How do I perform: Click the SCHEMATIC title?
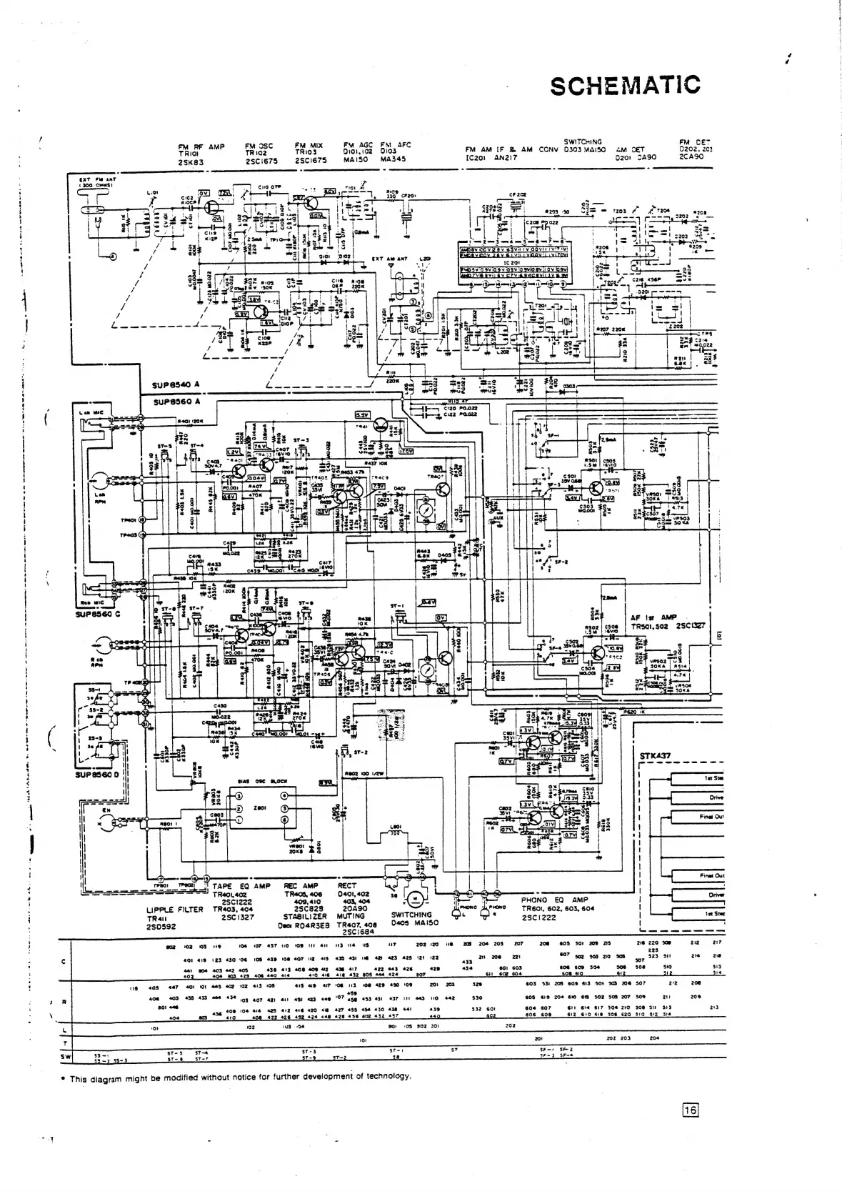(x=625, y=85)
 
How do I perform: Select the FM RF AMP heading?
(x=201, y=146)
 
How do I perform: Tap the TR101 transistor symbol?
(x=212, y=205)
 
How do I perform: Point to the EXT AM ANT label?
(x=389, y=259)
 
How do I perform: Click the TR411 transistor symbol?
(x=382, y=427)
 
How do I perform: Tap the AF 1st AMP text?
(x=654, y=617)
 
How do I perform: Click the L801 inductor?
(x=395, y=834)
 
